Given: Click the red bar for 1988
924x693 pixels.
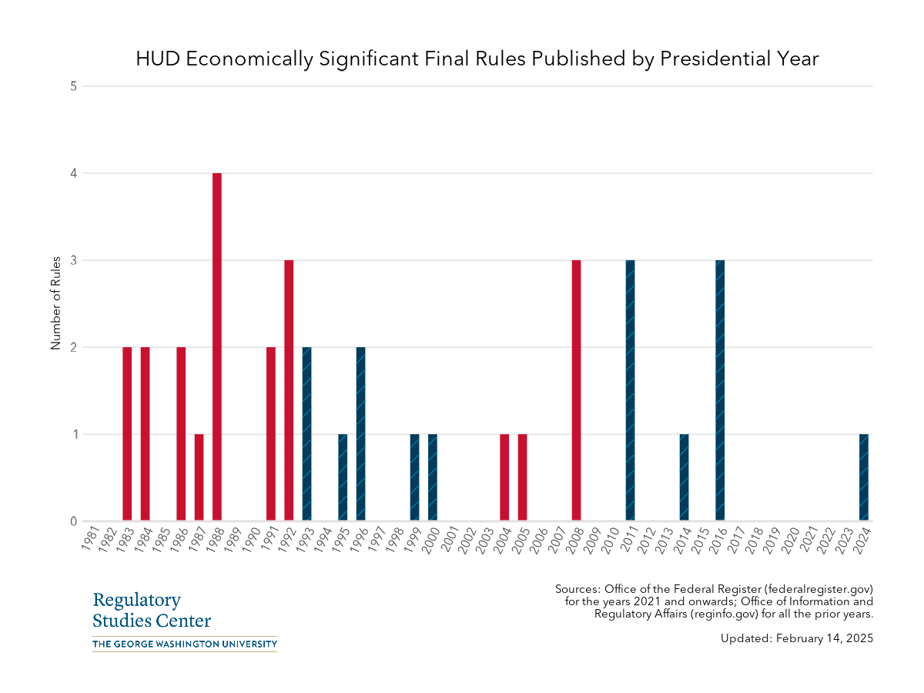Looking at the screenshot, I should pos(217,346).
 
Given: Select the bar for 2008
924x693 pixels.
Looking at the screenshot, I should pos(576,390).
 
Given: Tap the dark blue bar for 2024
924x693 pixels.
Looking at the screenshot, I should pos(863,477).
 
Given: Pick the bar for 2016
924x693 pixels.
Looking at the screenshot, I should pos(720,390).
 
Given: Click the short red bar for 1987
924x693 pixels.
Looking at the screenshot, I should pos(199,477).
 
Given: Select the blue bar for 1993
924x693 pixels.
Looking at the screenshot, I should pos(306,434).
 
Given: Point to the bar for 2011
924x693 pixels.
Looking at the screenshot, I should pos(630,390).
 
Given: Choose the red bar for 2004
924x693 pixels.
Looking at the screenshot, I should pos(504,477).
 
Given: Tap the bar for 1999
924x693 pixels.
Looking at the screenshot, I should pos(414,477).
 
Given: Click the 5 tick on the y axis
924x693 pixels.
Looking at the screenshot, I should pos(74,86).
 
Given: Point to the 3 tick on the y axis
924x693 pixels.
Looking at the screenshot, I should pos(74,260).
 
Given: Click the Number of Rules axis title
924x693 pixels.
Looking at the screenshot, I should pos(55,304).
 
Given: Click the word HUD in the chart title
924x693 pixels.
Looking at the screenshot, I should pos(157,59).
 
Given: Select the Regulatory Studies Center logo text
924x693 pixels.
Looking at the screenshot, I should pos(151,611).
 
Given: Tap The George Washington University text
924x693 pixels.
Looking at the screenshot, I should pos(184,644).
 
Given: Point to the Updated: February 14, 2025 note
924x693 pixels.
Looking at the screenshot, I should pos(797,638).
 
